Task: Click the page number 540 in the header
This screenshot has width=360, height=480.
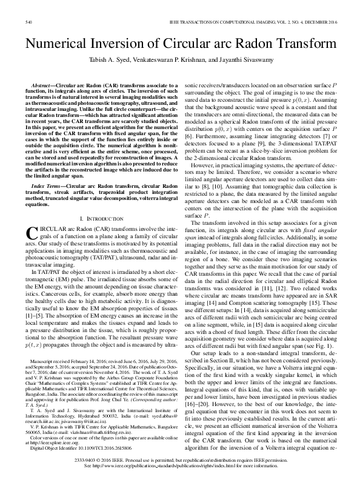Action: click(x=28, y=22)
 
